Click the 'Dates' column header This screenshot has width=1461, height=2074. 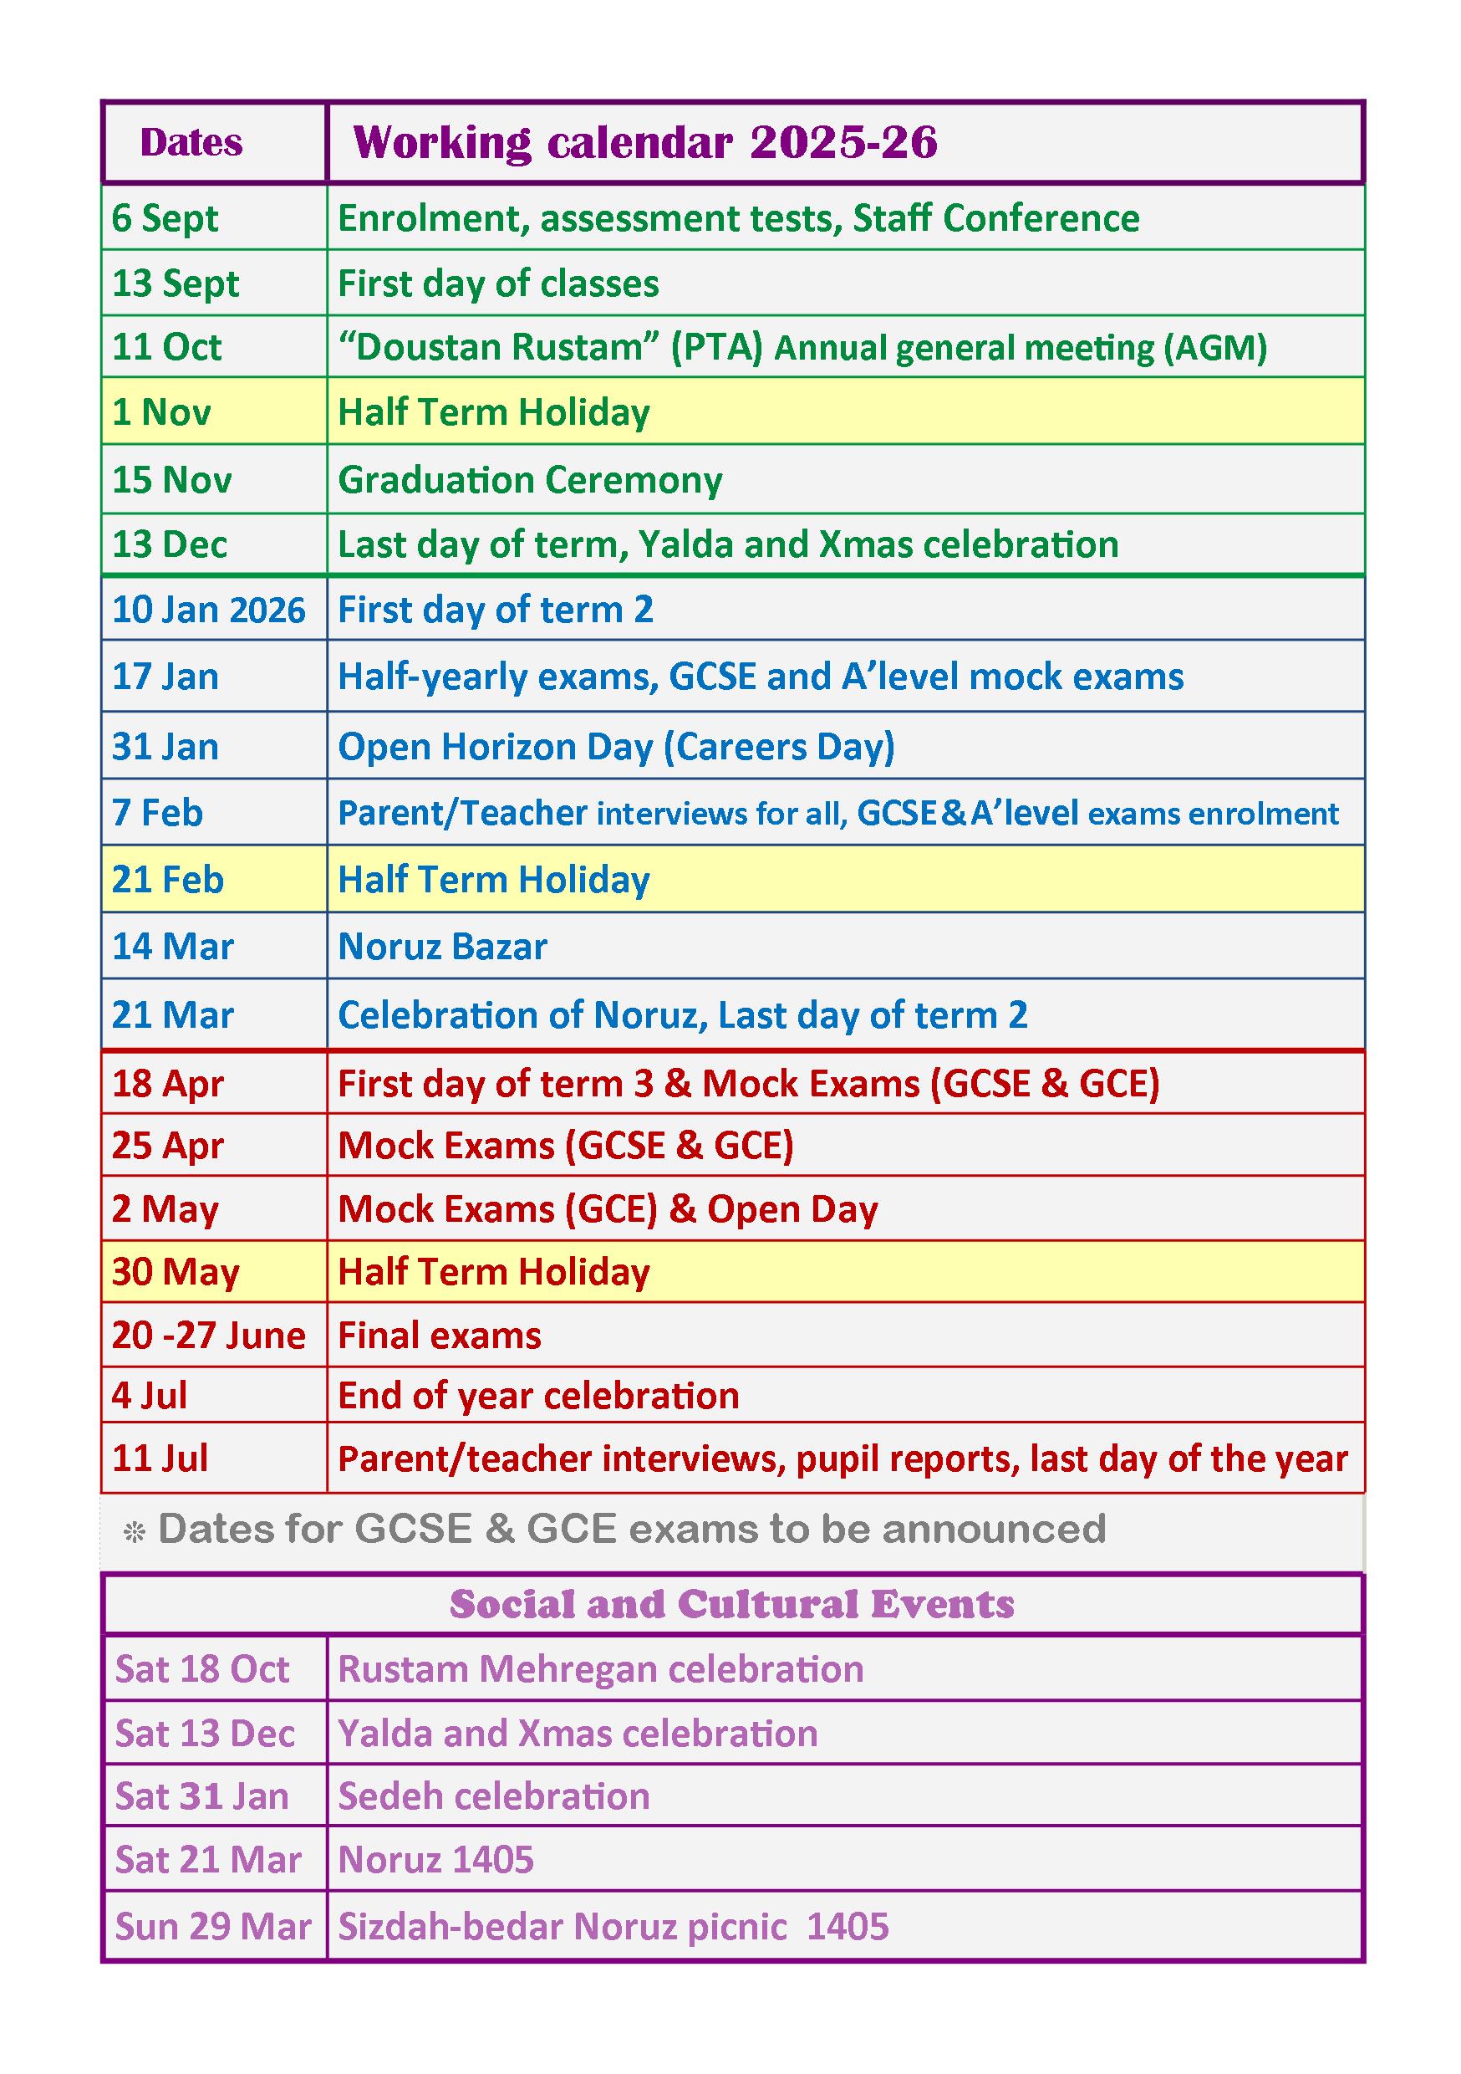point(191,143)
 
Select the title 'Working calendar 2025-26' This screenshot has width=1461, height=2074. point(644,143)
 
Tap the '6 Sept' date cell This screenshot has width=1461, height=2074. point(165,218)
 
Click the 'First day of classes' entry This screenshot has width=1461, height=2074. point(497,284)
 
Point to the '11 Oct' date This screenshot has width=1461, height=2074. point(167,348)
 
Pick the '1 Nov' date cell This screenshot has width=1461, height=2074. point(161,413)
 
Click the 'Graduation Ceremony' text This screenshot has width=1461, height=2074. point(530,480)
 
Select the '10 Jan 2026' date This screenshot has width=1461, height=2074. point(209,610)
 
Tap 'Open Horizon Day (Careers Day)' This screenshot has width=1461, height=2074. point(616,747)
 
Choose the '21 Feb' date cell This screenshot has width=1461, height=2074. point(168,880)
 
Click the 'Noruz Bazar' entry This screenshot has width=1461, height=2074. point(442,947)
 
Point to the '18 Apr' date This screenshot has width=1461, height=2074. point(168,1083)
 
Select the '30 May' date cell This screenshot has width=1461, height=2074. point(176,1272)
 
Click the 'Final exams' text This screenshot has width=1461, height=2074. point(440,1335)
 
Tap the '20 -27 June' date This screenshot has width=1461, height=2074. point(209,1335)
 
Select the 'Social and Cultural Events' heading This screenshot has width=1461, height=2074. point(731,1604)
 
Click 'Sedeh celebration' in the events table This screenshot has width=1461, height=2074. point(494,1796)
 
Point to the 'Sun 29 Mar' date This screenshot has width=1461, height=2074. point(213,1926)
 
